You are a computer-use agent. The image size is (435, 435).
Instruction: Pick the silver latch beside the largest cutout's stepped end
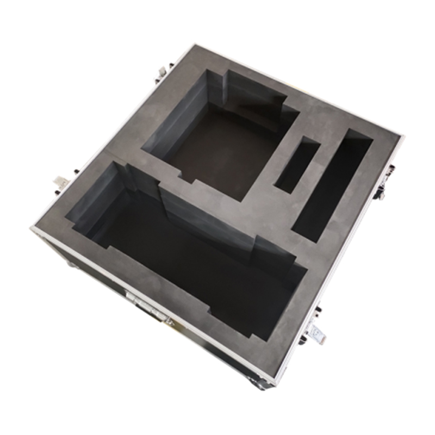coord(60,184)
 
